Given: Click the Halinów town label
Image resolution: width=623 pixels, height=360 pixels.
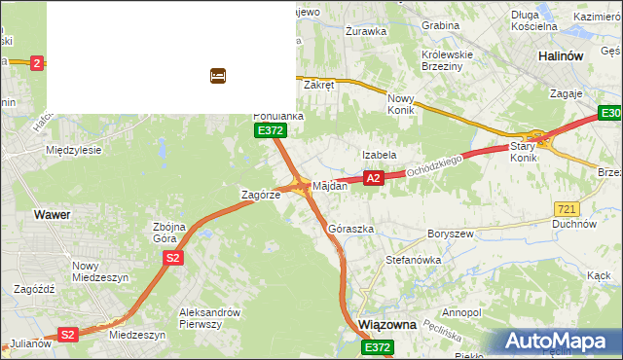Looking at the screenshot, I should pos(561,56).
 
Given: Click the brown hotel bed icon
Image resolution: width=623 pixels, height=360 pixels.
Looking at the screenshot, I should pos(218,75).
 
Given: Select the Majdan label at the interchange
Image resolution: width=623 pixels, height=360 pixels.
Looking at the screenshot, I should pos(329,185).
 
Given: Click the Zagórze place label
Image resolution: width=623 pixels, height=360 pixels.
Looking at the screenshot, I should pos(261,195).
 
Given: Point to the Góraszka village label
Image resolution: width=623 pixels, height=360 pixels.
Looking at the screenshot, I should pos(350,229).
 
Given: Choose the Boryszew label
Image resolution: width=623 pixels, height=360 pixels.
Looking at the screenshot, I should pos(450,234).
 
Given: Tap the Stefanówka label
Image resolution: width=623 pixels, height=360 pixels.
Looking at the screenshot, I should pos(414,261).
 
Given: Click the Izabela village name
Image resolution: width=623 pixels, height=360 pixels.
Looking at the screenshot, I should pos(379,155).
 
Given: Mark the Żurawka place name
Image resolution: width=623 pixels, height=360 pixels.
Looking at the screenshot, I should pos(366,31).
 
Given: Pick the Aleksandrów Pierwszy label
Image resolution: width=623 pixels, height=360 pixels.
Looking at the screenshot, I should pos(209,318).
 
